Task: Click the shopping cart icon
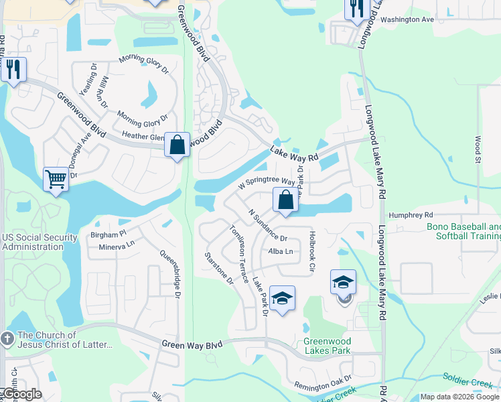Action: (56, 179)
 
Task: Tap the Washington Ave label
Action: (407, 19)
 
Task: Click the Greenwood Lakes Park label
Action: (328, 346)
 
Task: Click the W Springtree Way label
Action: (267, 182)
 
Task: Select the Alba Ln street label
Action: (281, 251)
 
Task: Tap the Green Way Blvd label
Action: (192, 344)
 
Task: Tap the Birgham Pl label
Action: (109, 235)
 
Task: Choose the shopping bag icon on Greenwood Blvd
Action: (177, 145)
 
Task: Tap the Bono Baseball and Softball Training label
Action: (463, 231)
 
